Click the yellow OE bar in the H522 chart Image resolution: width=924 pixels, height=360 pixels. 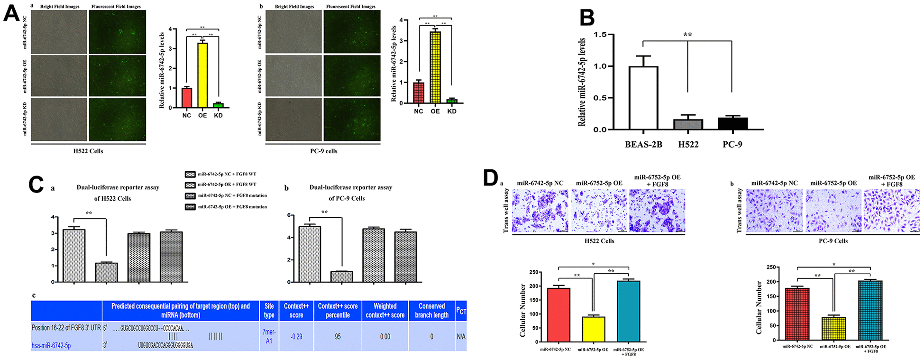202,75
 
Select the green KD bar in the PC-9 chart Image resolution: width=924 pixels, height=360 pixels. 452,101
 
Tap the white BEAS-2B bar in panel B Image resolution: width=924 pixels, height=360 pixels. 643,98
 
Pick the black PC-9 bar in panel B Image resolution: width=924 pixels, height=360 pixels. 732,123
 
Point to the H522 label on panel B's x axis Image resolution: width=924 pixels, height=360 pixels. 688,144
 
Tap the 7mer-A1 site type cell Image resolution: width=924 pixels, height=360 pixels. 269,336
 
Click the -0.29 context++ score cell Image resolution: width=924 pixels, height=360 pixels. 296,337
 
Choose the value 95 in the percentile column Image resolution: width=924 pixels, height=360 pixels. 338,337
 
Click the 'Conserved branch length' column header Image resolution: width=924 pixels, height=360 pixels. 431,311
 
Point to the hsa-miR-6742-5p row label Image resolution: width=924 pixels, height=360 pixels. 51,346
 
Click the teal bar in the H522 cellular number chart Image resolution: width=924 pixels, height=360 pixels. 629,311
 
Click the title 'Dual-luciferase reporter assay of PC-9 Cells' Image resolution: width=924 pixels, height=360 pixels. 350,193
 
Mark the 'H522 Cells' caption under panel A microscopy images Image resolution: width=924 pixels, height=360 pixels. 88,151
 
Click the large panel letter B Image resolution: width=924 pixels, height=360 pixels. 587,18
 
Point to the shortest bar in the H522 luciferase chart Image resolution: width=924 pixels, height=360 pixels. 106,272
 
